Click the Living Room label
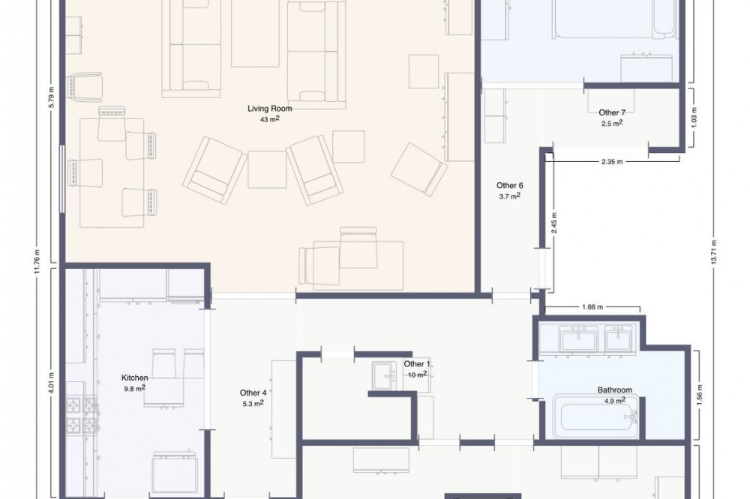269,109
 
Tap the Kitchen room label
134,378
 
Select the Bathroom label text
615,390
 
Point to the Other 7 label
612,113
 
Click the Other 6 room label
509,186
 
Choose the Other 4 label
253,393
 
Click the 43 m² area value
270,119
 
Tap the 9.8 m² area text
134,388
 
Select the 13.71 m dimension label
714,252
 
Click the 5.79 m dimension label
51,98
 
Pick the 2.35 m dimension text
612,162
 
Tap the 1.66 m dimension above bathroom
592,307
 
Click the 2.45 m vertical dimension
554,223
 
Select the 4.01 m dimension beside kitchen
51,384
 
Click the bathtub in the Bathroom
596,417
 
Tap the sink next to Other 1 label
385,375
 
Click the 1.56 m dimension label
699,393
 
